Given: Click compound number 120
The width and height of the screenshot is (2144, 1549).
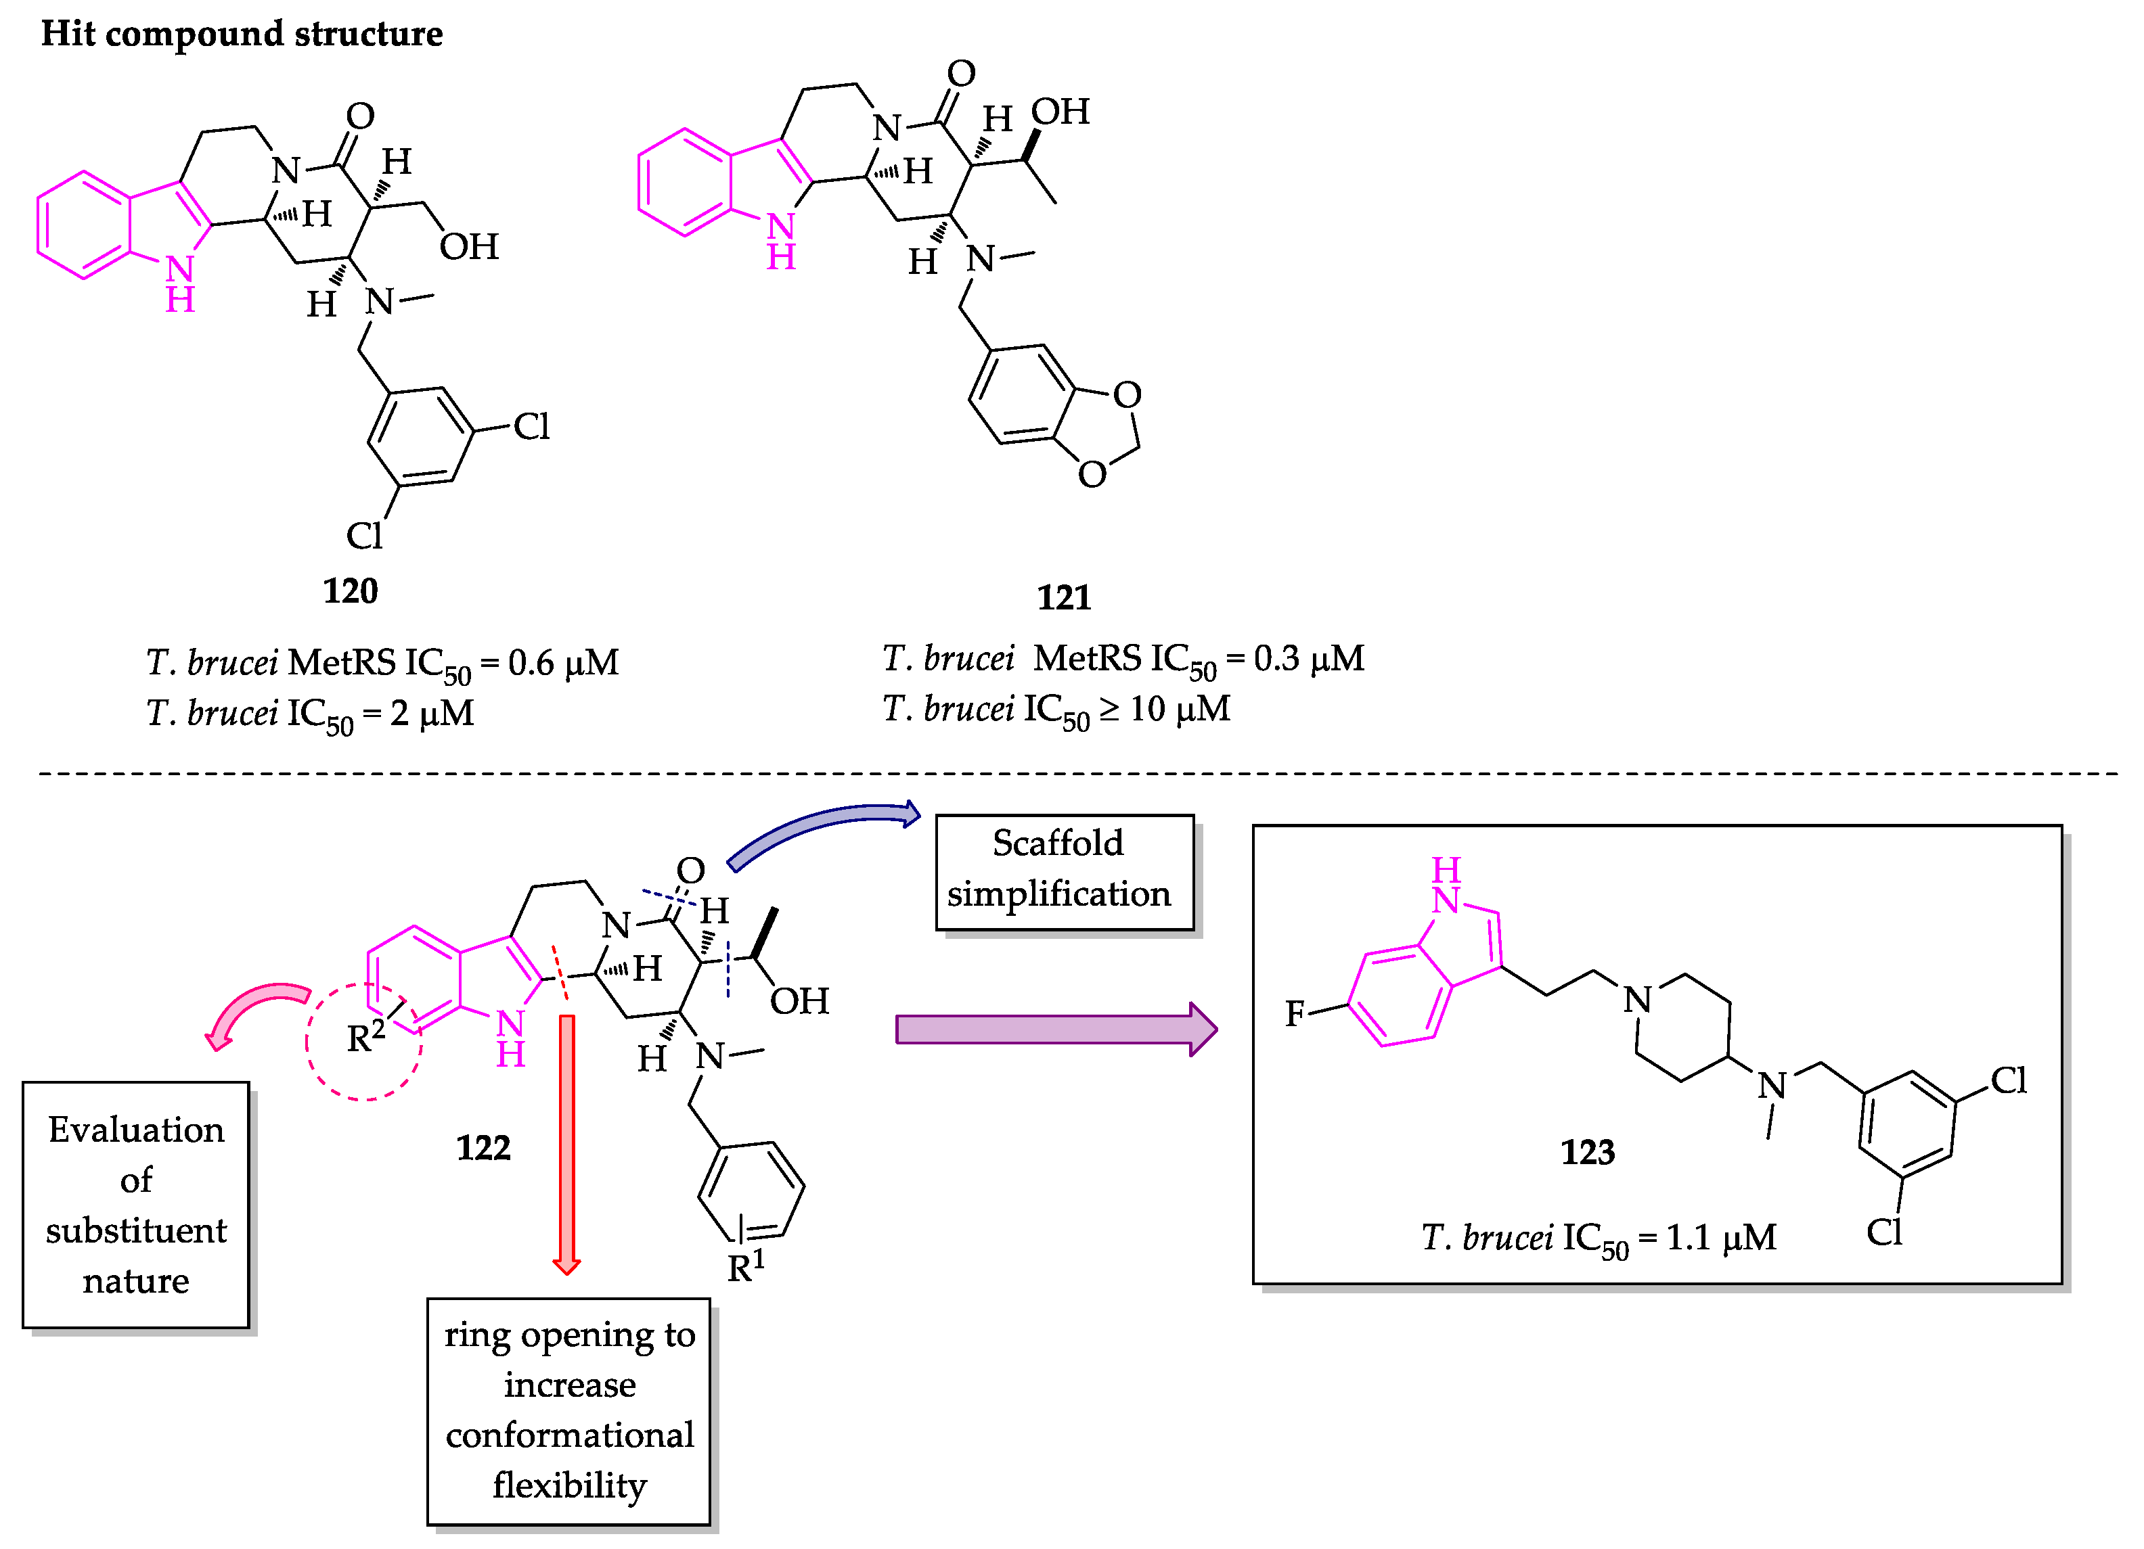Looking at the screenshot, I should coord(350,591).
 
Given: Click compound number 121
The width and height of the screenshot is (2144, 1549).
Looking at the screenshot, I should coord(1063,597).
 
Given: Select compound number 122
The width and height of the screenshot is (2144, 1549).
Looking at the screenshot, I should coord(483,1147).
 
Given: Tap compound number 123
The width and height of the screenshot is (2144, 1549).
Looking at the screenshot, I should coord(1587,1152).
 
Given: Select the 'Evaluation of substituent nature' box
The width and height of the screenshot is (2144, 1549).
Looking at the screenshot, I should coord(135,1204).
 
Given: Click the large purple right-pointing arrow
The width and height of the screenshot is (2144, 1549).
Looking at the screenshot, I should coord(1054,1030).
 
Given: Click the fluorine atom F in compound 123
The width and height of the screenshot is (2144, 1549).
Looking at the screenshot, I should coord(1294,1014).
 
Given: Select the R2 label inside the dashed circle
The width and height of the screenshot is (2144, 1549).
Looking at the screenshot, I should coord(365,1037).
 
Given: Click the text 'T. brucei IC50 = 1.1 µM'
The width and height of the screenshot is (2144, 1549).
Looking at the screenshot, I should coord(1598,1238).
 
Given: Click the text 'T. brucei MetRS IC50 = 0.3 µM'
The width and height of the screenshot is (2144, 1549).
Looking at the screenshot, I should coord(1122,660).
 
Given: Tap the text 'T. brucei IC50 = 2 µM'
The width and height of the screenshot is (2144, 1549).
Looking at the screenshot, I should coord(309,714).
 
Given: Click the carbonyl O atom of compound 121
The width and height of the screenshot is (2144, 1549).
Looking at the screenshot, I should coord(960,73).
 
